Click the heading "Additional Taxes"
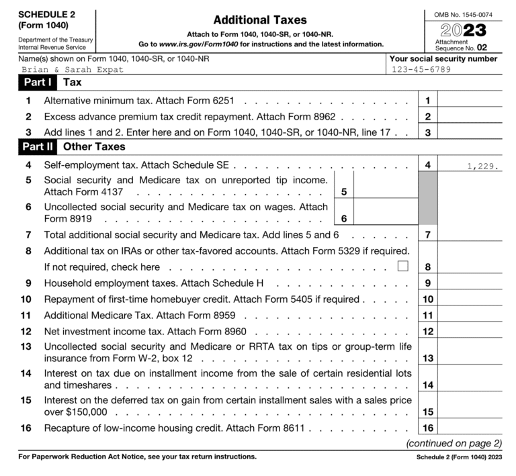[x=259, y=20]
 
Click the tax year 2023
[x=463, y=30]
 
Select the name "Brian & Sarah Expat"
[x=73, y=70]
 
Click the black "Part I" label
[x=36, y=83]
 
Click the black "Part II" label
[x=38, y=146]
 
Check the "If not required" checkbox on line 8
[x=402, y=267]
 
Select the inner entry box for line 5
[x=378, y=189]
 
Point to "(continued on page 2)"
[x=454, y=443]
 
